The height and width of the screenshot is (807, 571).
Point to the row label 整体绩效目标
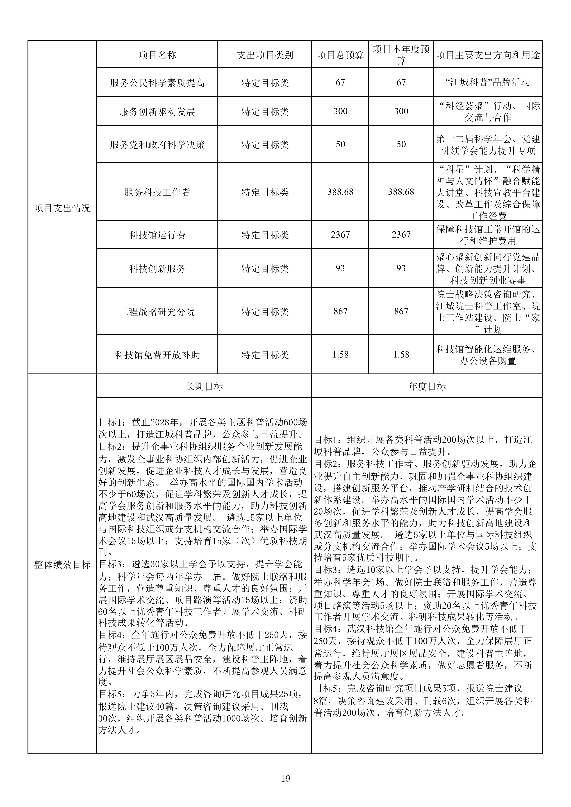pyautogui.click(x=62, y=565)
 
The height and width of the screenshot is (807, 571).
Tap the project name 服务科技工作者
pyautogui.click(x=157, y=192)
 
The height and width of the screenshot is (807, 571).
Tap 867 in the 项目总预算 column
pyautogui.click(x=340, y=311)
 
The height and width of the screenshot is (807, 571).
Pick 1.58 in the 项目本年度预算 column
pyautogui.click(x=401, y=355)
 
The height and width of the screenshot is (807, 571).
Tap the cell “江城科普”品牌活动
pyautogui.click(x=488, y=83)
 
